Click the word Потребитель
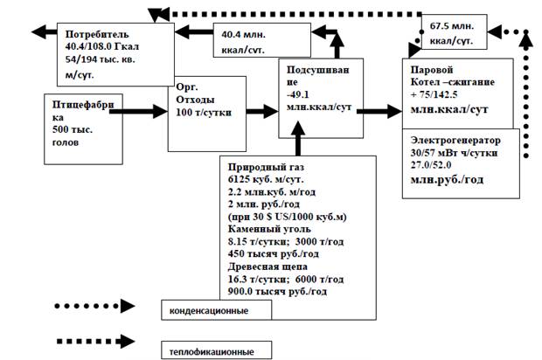(97, 34)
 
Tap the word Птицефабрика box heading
(83, 111)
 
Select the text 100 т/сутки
(204, 113)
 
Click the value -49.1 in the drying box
(297, 94)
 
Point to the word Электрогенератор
(455, 141)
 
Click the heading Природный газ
(266, 167)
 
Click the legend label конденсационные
(209, 310)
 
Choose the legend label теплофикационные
(212, 352)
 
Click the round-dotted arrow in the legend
(94, 306)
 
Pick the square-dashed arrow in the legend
(96, 342)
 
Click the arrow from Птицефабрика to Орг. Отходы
(138, 111)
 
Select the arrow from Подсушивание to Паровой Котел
(379, 111)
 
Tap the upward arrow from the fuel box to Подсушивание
(298, 138)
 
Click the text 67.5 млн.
(452, 26)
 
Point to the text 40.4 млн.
(243, 35)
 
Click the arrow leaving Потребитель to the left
(45, 32)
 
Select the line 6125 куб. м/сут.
(266, 180)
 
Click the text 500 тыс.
(73, 130)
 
